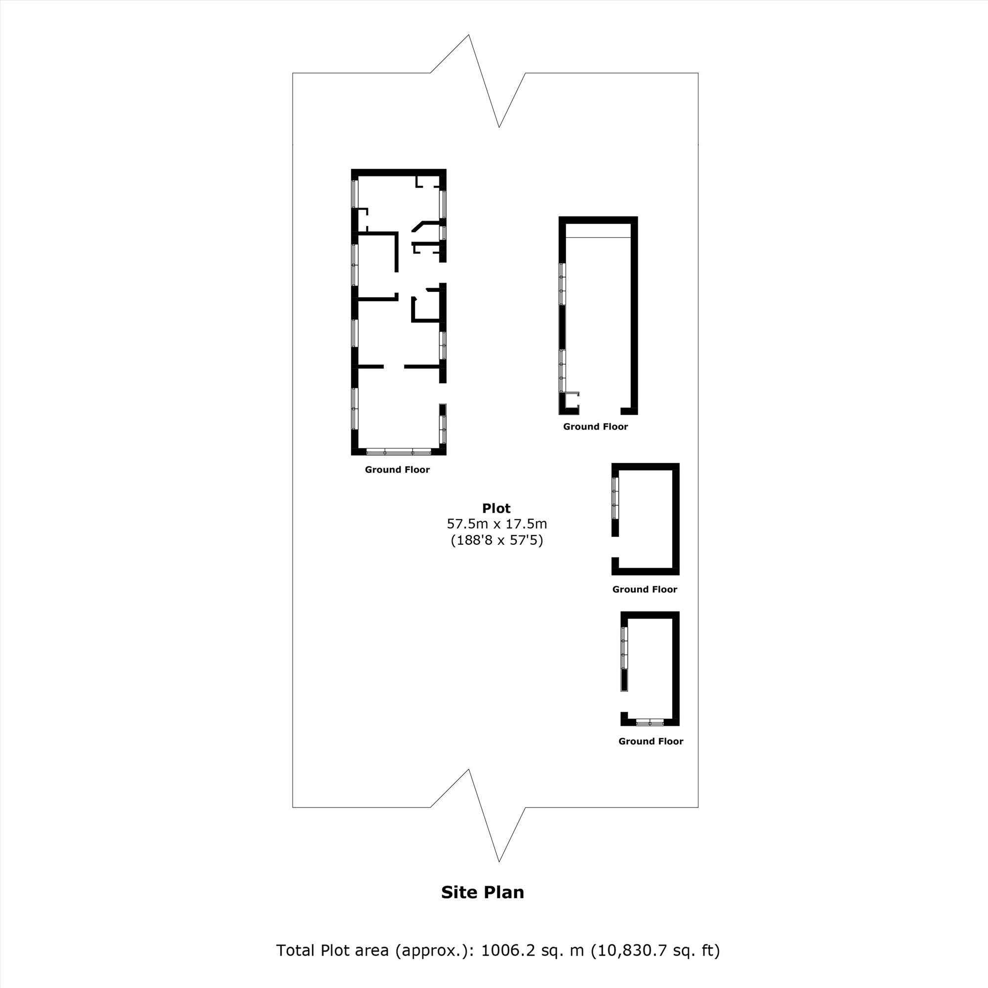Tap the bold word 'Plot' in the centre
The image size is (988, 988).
(x=496, y=508)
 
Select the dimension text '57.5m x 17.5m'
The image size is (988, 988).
(x=496, y=524)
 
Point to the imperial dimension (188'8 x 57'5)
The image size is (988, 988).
(x=496, y=540)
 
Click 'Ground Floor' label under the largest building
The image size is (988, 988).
(x=397, y=469)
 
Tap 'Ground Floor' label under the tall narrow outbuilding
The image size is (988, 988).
(x=595, y=426)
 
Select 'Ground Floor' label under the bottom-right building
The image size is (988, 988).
(x=651, y=741)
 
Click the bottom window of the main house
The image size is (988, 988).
(x=399, y=452)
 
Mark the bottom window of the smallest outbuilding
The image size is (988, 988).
(x=650, y=722)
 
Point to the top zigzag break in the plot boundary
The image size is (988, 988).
(x=478, y=81)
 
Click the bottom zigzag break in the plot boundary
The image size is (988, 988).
(x=478, y=815)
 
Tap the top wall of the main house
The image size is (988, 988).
(x=399, y=172)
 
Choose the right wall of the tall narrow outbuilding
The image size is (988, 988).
(x=634, y=316)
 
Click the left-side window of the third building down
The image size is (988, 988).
(x=615, y=498)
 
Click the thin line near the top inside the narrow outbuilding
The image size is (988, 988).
(x=598, y=237)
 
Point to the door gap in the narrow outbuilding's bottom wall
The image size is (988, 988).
(x=600, y=411)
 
